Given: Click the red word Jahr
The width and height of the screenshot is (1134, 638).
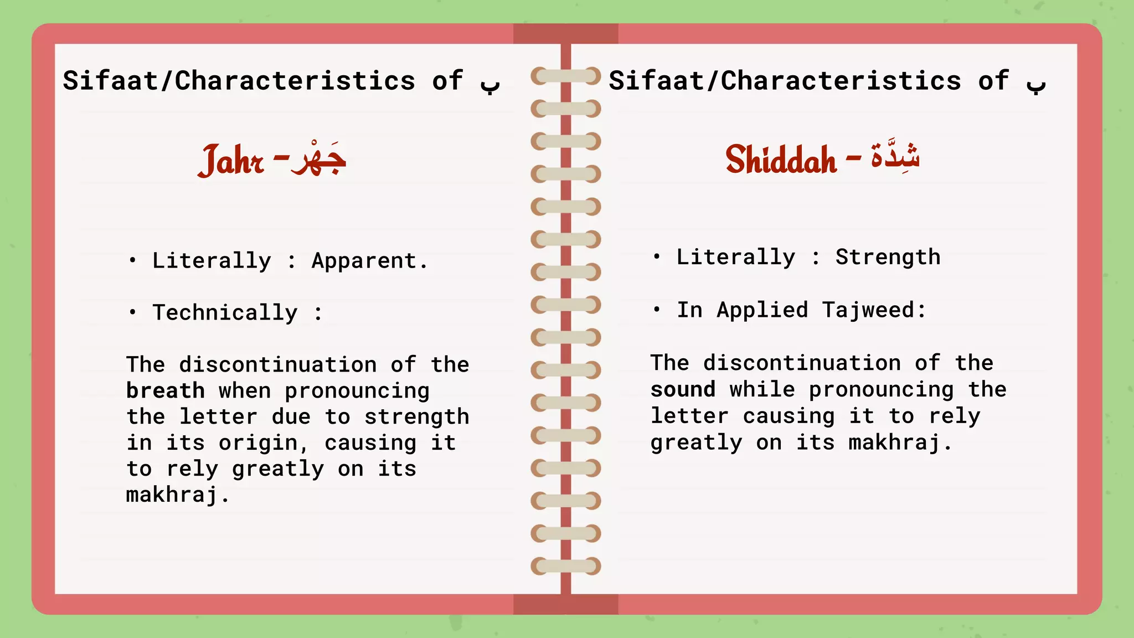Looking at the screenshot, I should [231, 161].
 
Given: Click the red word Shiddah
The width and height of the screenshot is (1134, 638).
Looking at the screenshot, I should [781, 159].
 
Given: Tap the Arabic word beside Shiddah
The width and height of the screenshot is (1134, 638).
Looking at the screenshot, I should [895, 156].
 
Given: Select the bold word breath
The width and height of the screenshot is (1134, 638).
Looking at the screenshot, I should [165, 391].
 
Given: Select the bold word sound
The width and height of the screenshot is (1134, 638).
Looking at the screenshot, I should [683, 389].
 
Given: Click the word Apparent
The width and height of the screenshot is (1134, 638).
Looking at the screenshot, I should [369, 261].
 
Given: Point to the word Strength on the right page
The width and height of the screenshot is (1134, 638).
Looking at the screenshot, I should [888, 257].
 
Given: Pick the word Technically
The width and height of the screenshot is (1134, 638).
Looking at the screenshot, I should [225, 313].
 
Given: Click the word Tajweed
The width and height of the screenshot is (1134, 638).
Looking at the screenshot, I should [874, 310].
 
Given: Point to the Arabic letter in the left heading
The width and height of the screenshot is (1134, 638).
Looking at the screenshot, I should [490, 84].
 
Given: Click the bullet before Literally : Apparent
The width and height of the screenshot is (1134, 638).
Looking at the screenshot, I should [132, 260].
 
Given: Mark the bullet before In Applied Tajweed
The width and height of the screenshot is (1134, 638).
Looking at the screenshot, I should [656, 309].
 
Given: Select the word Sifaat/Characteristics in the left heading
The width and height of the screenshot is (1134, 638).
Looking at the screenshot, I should [239, 81].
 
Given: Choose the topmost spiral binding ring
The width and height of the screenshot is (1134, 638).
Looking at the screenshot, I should [565, 76].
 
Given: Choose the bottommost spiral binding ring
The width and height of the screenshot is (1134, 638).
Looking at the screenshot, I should [565, 566].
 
